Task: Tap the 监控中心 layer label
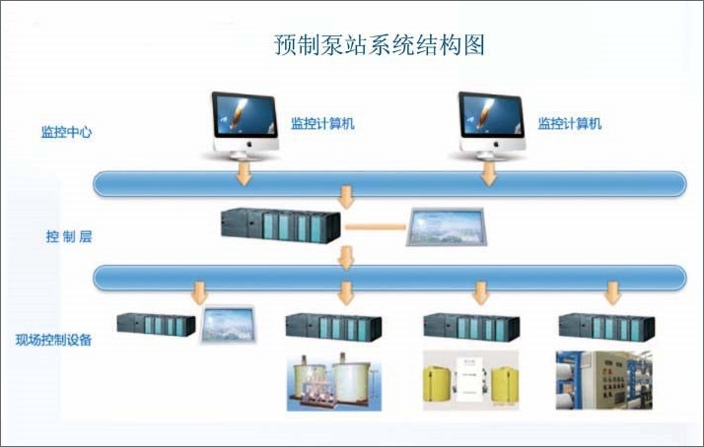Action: (x=67, y=132)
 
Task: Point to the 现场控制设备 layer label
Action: (x=53, y=341)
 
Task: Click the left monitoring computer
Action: (x=243, y=122)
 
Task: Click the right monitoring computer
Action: (x=490, y=122)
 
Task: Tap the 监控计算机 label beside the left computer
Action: (x=322, y=124)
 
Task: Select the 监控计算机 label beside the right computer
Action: (x=569, y=124)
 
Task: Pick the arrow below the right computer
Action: (x=488, y=173)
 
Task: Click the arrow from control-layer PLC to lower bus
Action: (x=346, y=257)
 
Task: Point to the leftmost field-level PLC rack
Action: (x=156, y=325)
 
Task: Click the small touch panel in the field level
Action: (x=229, y=325)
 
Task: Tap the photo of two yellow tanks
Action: (x=470, y=380)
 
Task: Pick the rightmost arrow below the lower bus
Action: (x=613, y=293)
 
